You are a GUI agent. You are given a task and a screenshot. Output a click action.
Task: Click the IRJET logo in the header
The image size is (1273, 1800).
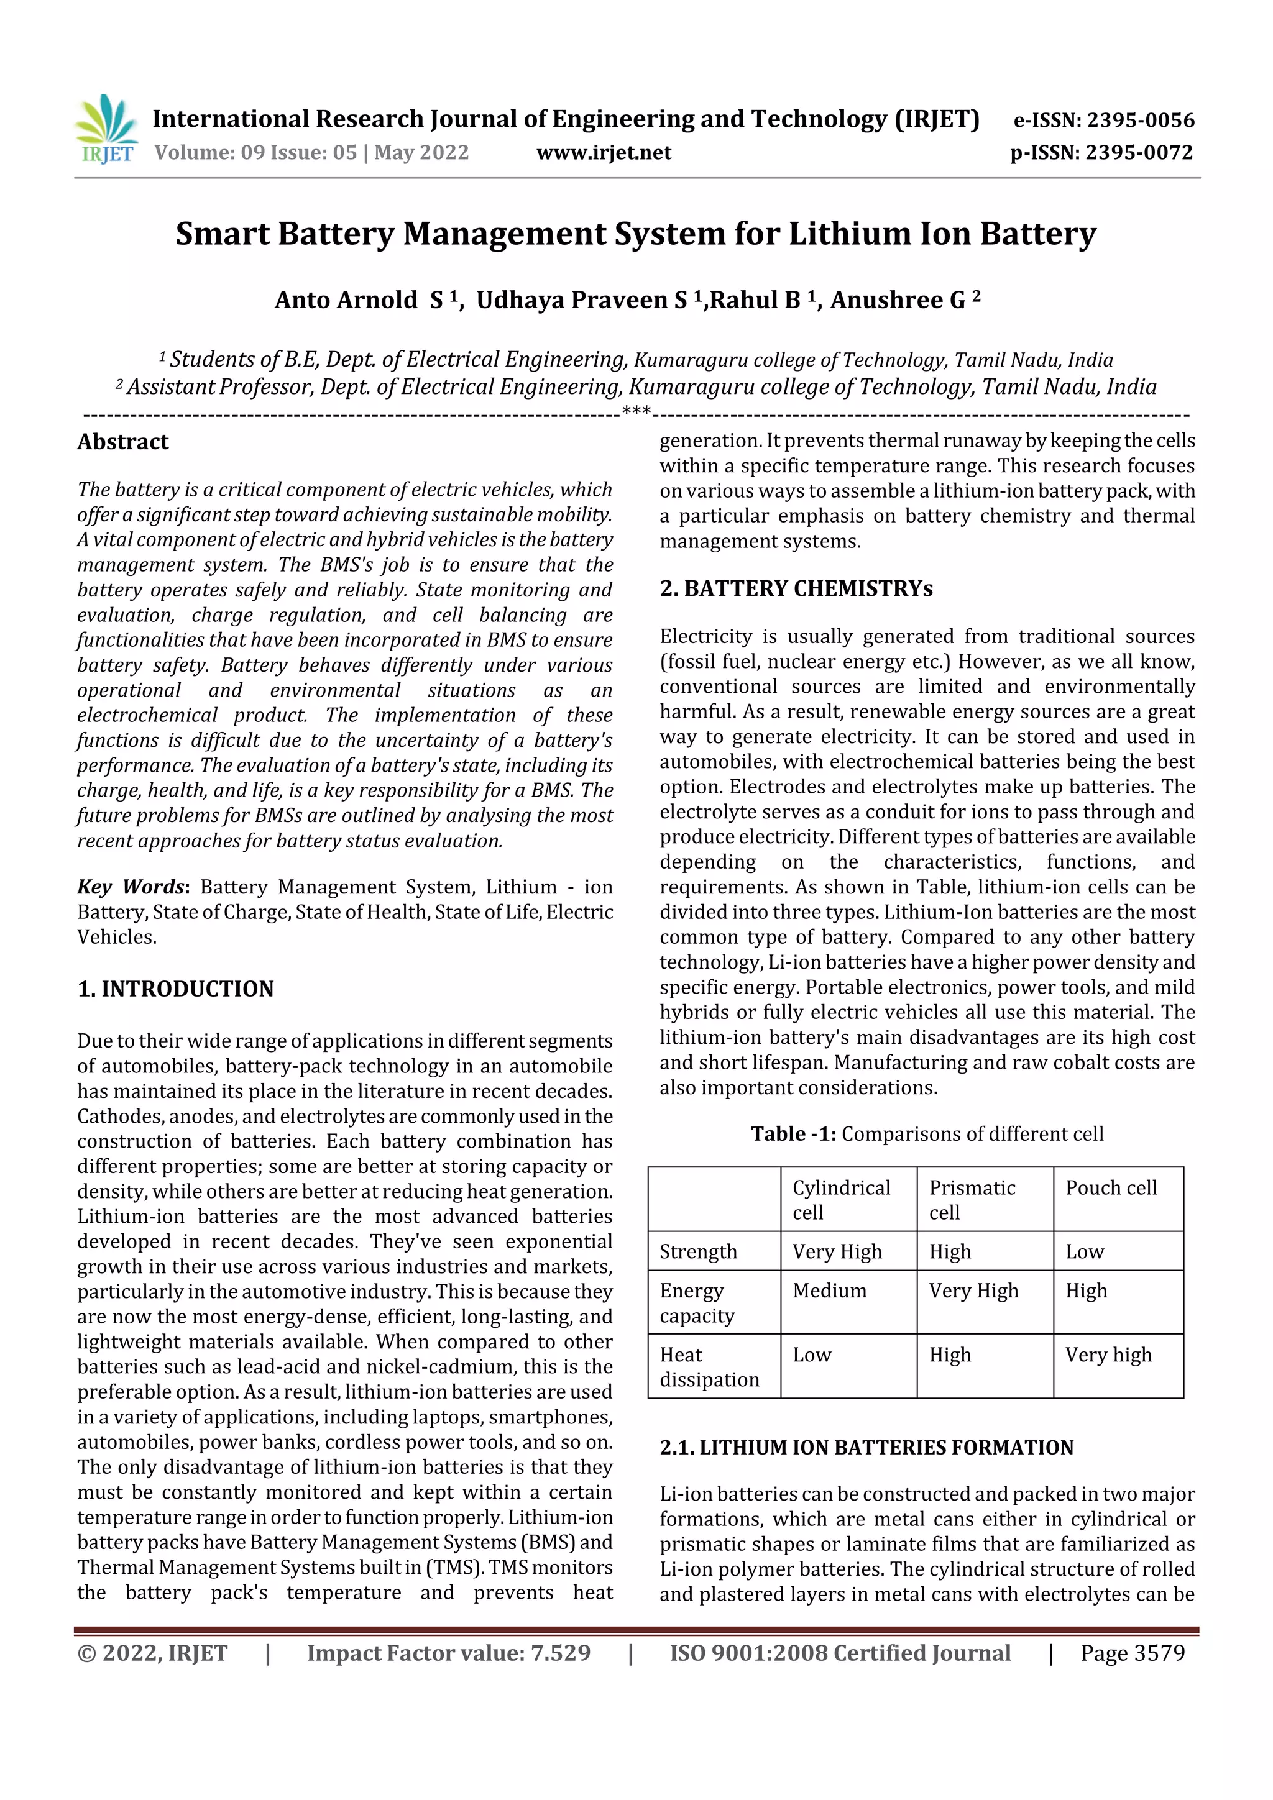point(106,129)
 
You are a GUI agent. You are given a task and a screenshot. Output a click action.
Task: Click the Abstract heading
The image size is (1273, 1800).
point(122,442)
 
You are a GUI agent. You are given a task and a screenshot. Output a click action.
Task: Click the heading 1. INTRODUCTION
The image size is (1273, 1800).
point(176,989)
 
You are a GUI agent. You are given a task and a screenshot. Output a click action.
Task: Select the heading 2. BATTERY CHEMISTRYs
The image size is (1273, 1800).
point(796,589)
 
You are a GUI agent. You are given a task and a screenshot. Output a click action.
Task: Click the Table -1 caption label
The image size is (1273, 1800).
point(793,1134)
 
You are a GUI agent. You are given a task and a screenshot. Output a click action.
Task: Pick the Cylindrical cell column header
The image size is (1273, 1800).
point(841,1199)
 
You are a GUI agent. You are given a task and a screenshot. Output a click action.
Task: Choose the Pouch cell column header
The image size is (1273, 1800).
point(1111,1188)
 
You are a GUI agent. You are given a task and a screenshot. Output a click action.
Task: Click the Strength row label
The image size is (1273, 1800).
point(698,1252)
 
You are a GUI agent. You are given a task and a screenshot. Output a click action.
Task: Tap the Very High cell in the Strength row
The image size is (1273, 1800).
point(837,1252)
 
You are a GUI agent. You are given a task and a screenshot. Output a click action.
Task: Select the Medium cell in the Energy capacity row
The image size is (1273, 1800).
point(829,1291)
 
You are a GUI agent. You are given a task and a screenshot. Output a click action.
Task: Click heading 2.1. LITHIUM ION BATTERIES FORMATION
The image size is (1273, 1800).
point(866,1447)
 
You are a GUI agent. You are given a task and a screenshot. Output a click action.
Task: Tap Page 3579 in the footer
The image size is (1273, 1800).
point(1132,1653)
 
